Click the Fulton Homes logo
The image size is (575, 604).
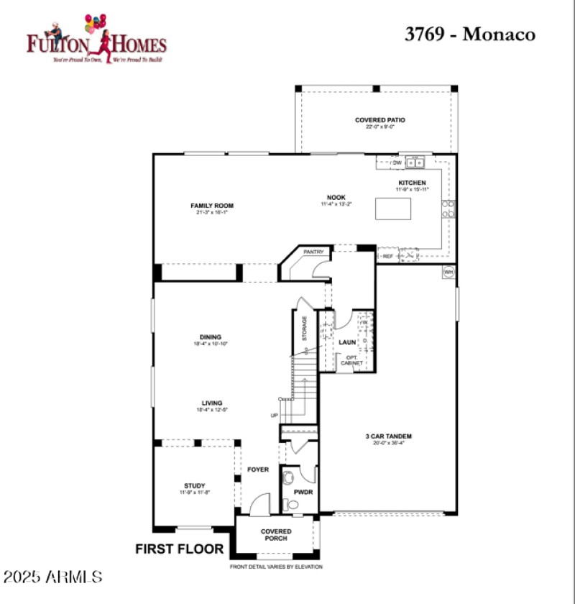pos(96,39)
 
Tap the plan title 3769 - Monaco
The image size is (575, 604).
pos(469,35)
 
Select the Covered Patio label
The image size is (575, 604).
pos(379,120)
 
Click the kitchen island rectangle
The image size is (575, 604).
pos(393,209)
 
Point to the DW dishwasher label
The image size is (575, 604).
pos(397,163)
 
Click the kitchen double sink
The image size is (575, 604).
pos(415,163)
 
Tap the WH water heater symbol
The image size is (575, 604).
pos(448,273)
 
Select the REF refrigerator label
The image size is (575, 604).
pos(387,256)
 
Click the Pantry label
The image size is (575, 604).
pos(313,252)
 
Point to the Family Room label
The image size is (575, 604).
pos(211,206)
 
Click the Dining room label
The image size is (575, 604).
pos(211,337)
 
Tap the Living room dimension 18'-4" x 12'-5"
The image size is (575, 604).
pos(211,411)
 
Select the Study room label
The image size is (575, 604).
pos(194,485)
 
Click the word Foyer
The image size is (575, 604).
pos(258,470)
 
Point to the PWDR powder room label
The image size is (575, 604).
pos(302,493)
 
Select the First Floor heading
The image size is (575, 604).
pos(180,549)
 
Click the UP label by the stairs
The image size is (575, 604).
pos(274,416)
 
